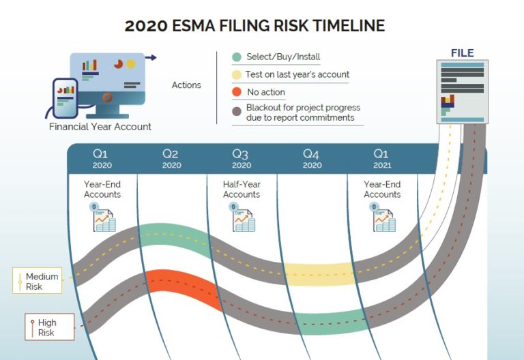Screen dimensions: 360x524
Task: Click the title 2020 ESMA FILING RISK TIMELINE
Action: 254,26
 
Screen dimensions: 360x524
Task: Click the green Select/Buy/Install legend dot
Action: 236,57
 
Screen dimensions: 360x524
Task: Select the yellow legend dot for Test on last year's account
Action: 236,74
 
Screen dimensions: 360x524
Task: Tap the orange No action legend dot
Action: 236,92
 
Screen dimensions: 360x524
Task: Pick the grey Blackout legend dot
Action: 236,112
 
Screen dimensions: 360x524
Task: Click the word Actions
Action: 186,85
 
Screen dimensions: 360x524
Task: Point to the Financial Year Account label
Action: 100,127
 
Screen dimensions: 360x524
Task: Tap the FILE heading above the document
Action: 462,53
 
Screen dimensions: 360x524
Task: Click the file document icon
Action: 462,92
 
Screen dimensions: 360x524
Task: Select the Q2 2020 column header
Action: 172,159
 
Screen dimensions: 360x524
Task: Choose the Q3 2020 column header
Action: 242,159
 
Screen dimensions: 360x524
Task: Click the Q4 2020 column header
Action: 312,159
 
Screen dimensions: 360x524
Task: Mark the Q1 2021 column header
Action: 381,159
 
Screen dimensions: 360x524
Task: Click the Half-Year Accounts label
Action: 242,190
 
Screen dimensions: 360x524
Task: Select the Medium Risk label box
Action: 40,281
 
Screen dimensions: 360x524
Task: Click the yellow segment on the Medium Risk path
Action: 317,273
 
